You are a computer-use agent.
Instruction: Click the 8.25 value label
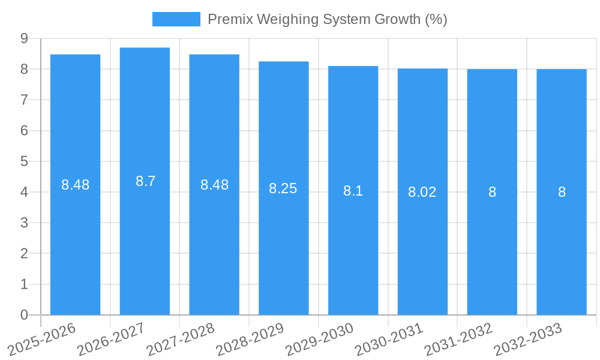pyautogui.click(x=283, y=188)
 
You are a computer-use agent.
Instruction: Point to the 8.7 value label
pyautogui.click(x=145, y=181)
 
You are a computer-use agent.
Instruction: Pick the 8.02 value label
pyautogui.click(x=422, y=192)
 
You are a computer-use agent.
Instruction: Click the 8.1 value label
pyautogui.click(x=353, y=191)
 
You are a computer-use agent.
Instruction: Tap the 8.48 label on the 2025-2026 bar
pyautogui.click(x=76, y=185)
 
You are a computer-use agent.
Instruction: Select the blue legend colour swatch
pyautogui.click(x=176, y=19)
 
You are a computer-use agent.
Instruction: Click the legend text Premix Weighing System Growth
pyautogui.click(x=327, y=19)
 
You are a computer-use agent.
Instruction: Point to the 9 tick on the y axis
pyautogui.click(x=24, y=38)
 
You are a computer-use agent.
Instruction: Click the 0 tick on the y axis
pyautogui.click(x=24, y=315)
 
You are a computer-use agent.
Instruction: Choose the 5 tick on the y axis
pyautogui.click(x=24, y=161)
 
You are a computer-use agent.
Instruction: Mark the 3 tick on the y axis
pyautogui.click(x=24, y=223)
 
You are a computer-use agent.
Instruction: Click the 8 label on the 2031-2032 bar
pyautogui.click(x=492, y=192)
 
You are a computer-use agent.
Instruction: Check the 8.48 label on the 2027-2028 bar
pyautogui.click(x=214, y=185)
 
